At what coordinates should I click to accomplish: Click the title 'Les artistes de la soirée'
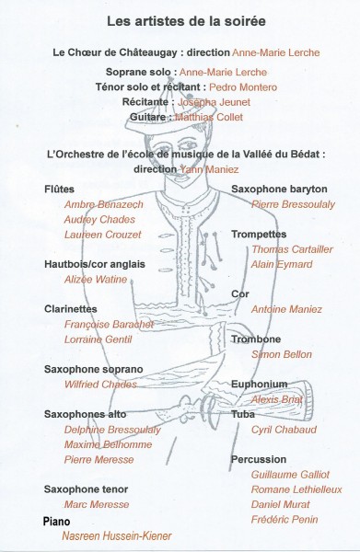pyautogui.click(x=186, y=21)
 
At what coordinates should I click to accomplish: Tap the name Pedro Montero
pyautogui.click(x=243, y=87)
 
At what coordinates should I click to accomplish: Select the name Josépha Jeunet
pyautogui.click(x=214, y=102)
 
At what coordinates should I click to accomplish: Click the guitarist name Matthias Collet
pyautogui.click(x=209, y=117)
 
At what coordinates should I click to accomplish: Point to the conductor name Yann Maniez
pyautogui.click(x=210, y=169)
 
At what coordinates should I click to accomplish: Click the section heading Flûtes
pyautogui.click(x=59, y=189)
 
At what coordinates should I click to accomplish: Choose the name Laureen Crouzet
pyautogui.click(x=102, y=235)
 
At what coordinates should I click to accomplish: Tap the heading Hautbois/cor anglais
pyautogui.click(x=95, y=264)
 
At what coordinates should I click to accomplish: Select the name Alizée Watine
pyautogui.click(x=96, y=280)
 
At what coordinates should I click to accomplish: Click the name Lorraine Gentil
pyautogui.click(x=98, y=339)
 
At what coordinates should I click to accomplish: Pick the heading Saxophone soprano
pyautogui.click(x=93, y=369)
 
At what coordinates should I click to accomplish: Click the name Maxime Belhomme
pyautogui.click(x=108, y=444)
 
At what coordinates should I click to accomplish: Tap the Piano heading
pyautogui.click(x=56, y=522)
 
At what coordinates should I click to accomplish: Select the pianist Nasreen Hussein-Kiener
pyautogui.click(x=117, y=535)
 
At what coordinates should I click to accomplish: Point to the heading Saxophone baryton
pyautogui.click(x=279, y=189)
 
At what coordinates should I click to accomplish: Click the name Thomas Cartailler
pyautogui.click(x=292, y=249)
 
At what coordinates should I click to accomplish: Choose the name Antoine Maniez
pyautogui.click(x=286, y=309)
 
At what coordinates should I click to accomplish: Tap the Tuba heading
pyautogui.click(x=243, y=414)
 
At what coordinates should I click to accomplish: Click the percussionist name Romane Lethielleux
pyautogui.click(x=296, y=489)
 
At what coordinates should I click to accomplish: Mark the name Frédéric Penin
pyautogui.click(x=285, y=519)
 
